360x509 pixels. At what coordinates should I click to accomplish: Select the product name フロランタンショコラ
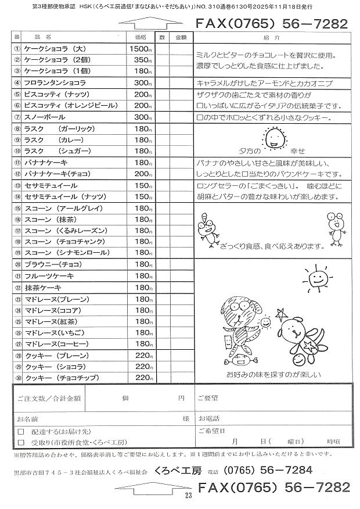[55, 83]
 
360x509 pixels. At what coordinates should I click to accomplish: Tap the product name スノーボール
[43, 117]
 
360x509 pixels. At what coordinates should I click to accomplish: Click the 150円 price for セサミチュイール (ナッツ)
[142, 196]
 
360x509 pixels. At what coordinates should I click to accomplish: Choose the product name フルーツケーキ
[47, 276]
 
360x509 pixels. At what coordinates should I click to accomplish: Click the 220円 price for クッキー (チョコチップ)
[143, 378]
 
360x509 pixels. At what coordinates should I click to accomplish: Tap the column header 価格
[141, 37]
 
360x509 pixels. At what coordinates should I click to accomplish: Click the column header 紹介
[271, 37]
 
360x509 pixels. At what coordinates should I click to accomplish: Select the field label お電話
[208, 418]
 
